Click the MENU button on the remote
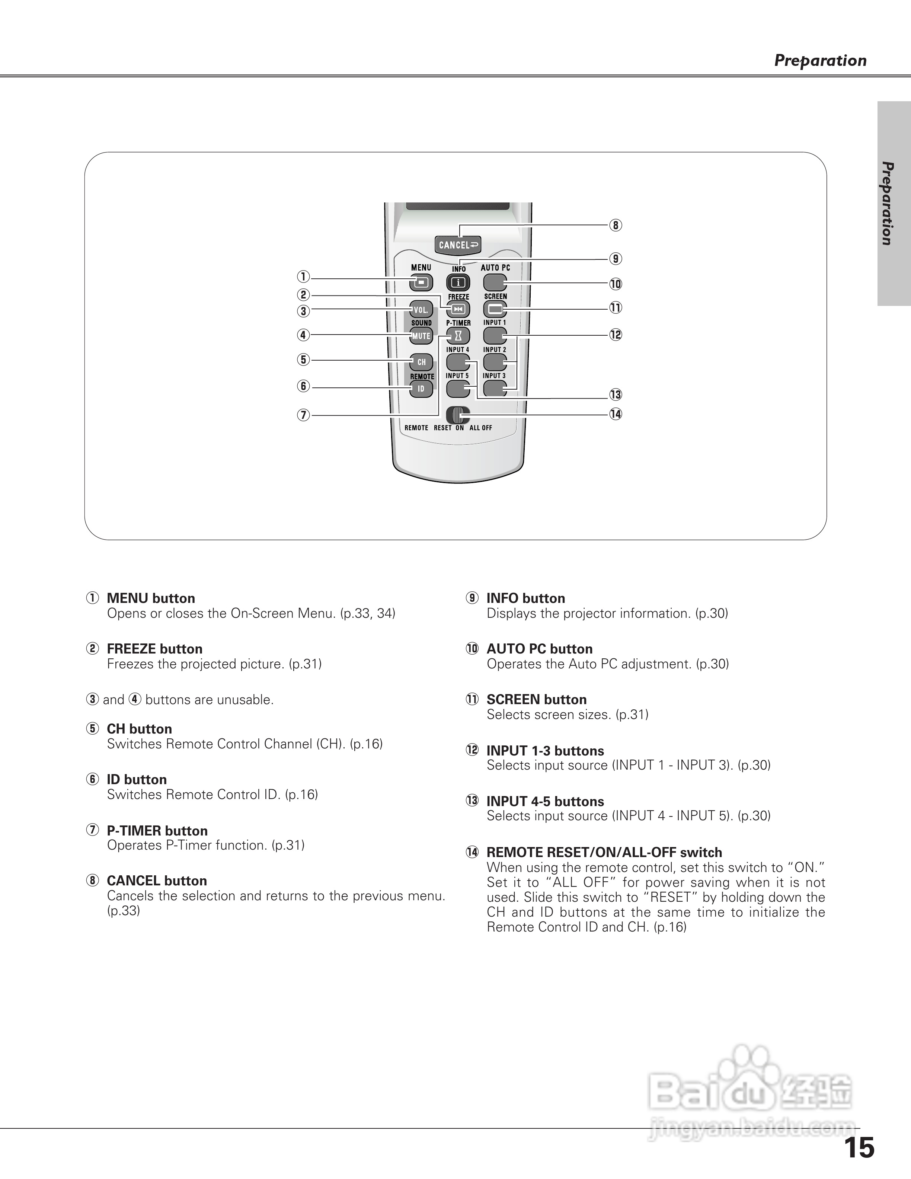coord(421,282)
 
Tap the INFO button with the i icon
coord(458,282)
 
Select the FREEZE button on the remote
coord(458,309)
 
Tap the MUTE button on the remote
coord(421,336)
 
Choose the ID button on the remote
coord(421,388)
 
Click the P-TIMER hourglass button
coord(458,336)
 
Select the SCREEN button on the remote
coord(495,309)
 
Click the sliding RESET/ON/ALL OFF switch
coord(458,415)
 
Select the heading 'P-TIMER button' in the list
coord(157,830)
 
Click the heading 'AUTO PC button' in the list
coord(539,649)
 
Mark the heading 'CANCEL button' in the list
coord(157,881)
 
